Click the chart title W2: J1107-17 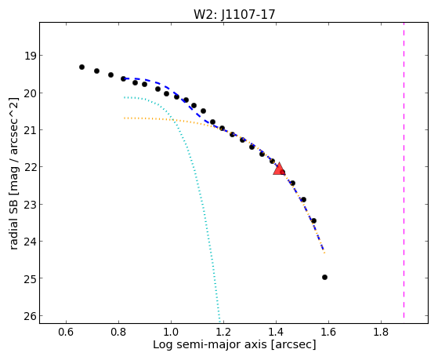pos(234,14)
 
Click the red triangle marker pos(279,169)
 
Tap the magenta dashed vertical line pos(404,170)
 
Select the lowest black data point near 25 pos(324,277)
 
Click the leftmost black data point pos(81,67)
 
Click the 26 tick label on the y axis pos(31,316)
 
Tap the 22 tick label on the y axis pos(31,167)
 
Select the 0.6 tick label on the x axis pos(66,332)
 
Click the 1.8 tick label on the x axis pos(381,332)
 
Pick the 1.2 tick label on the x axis pos(223,332)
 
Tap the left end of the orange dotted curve pos(125,118)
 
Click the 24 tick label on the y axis pos(31,242)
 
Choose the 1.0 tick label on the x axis pos(171,332)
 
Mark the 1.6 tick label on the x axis pos(328,332)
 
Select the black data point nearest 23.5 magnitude pos(313,220)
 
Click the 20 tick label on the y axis pos(31,93)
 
